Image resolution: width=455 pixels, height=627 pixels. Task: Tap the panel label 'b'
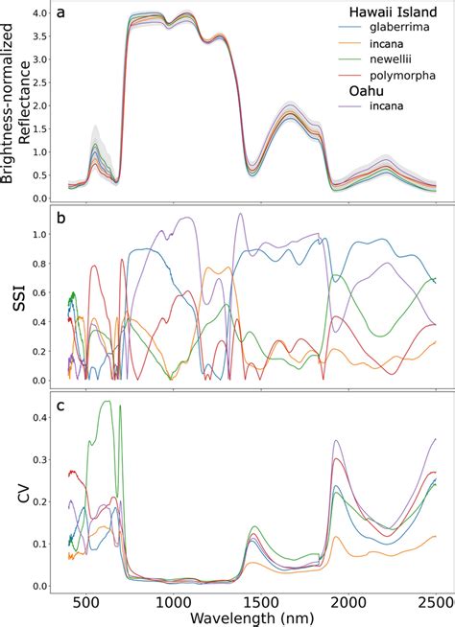pyautogui.click(x=61, y=219)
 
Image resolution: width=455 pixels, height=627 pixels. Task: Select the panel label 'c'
pyautogui.click(x=61, y=406)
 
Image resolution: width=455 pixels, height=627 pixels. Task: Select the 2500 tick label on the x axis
pyautogui.click(x=435, y=602)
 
